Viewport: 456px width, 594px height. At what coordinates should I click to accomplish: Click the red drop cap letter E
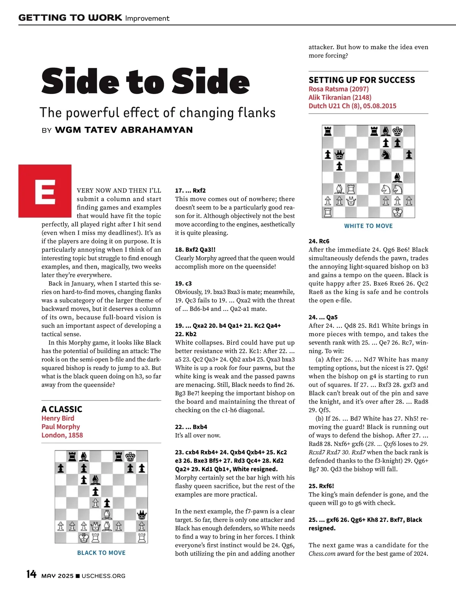click(x=45, y=191)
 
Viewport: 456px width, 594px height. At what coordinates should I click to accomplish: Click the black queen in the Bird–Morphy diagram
click(x=142, y=515)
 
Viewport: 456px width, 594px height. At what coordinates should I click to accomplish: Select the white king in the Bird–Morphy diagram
click(x=84, y=538)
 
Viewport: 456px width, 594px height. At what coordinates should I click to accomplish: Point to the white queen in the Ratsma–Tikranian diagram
click(x=351, y=201)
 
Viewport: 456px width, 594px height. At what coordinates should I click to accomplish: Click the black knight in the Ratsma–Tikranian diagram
click(x=386, y=154)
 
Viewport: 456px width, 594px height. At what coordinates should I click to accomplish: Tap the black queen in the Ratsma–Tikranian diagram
click(x=339, y=155)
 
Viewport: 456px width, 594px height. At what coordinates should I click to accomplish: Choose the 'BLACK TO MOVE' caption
click(x=101, y=553)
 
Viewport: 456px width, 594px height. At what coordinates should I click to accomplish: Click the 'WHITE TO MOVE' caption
click(x=368, y=226)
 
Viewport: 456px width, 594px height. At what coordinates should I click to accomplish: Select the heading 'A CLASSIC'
click(x=62, y=409)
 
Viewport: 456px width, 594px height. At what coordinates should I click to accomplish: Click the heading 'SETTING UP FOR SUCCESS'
click(x=361, y=80)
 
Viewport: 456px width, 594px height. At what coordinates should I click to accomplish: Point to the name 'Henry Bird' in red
click(x=58, y=418)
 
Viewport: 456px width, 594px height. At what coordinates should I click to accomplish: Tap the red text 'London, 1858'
click(x=62, y=435)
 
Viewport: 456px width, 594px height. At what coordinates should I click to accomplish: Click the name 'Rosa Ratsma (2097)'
click(x=338, y=89)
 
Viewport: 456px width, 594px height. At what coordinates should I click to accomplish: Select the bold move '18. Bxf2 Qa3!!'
click(x=195, y=250)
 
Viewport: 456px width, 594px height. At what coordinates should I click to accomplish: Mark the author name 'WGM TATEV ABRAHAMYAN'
click(x=124, y=130)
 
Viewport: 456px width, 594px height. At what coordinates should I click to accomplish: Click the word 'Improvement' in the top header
click(x=147, y=18)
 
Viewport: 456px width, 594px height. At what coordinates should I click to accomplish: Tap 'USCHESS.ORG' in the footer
click(x=103, y=576)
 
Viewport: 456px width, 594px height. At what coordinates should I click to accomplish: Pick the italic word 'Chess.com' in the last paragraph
click(x=322, y=553)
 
